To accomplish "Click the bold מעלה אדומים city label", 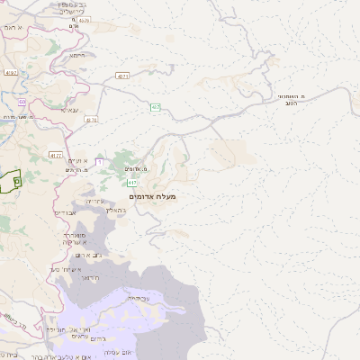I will point(153,196).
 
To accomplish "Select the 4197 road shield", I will point(11,72).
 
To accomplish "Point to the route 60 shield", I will point(22,103).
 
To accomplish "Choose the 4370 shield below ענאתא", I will point(91,119).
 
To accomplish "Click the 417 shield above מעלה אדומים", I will point(132,183).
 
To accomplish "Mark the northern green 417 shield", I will point(156,107).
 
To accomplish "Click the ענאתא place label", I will point(71,110).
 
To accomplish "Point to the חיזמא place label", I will point(78,56).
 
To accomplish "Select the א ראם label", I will point(12,28).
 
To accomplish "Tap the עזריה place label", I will point(96,201).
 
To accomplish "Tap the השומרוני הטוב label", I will point(287,99).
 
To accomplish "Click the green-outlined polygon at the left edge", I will point(10,181).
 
